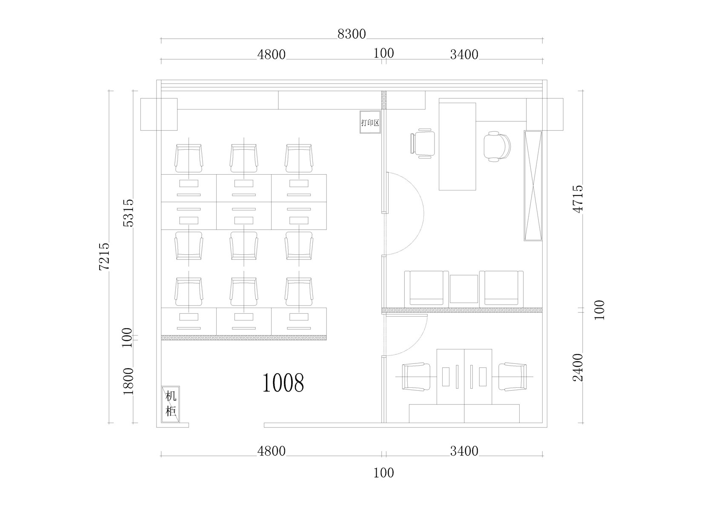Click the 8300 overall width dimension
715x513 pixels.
coord(352,34)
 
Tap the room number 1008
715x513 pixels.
coord(283,383)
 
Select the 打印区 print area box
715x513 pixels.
coord(370,122)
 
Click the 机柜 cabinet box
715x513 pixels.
coord(171,404)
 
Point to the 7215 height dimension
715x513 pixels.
coord(104,256)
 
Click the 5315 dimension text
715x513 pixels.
coord(129,213)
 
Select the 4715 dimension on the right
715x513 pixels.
coord(578,199)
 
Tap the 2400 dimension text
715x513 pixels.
coord(578,367)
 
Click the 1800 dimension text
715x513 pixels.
coord(129,381)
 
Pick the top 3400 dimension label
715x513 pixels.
coord(464,55)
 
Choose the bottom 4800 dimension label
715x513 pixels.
coord(272,451)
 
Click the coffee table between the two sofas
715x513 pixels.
coord(464,289)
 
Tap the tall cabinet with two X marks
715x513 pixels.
coord(533,186)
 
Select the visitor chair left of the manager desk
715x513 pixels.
coord(422,144)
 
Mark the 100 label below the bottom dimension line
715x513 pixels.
coord(384,473)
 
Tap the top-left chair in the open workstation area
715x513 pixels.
coord(189,159)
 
